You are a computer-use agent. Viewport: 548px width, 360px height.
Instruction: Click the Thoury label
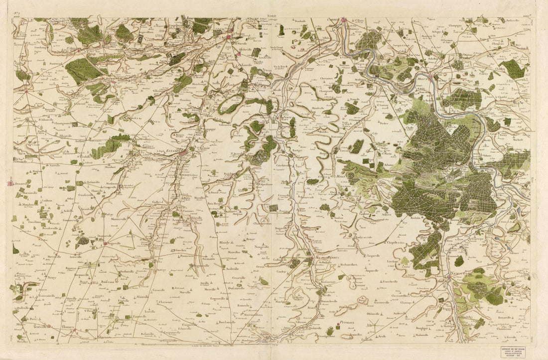coord(68,327)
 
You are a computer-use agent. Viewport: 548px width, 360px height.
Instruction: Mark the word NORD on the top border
coord(272,16)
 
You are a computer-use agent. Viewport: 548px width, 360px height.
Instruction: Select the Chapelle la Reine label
coord(400,242)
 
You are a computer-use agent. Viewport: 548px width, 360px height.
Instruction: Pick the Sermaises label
coord(208,259)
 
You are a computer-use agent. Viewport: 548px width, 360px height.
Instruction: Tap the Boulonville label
coord(227,322)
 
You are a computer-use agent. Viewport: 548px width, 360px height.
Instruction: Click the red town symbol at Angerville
coord(106,243)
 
